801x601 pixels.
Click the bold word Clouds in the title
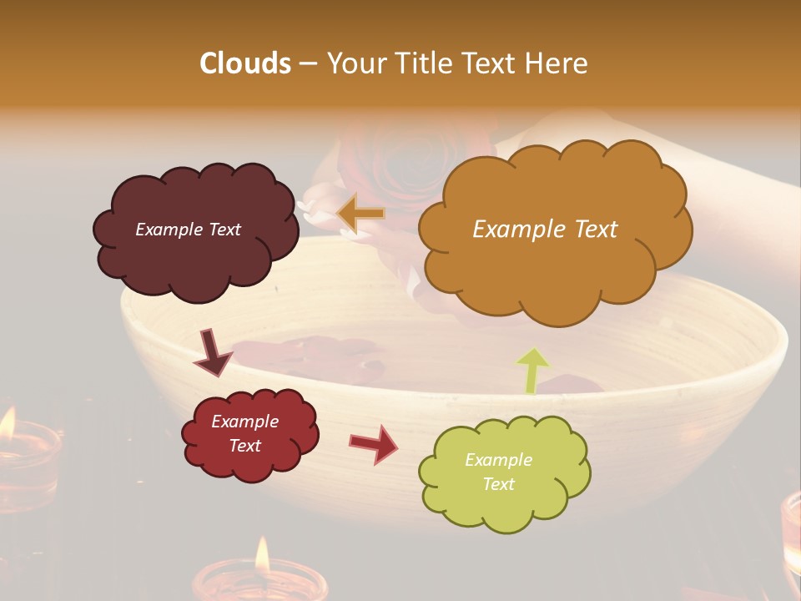245,63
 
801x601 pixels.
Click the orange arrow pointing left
360,214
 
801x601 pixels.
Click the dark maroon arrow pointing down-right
214,354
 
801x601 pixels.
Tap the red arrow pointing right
374,443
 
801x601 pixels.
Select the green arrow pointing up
533,370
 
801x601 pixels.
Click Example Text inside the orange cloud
545,230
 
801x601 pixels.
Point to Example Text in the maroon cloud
188,230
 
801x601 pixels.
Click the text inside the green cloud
498,472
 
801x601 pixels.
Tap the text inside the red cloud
244,433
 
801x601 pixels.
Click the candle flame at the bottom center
262,554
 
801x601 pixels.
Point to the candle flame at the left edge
7,424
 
